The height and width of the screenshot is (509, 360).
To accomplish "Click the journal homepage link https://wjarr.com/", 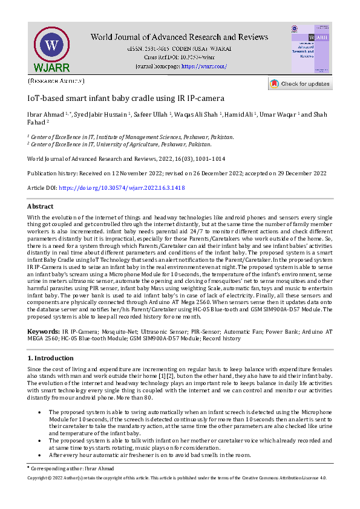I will click(x=204, y=66).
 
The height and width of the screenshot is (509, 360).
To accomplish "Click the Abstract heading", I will click(x=41, y=206).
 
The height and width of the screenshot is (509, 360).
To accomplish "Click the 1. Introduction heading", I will click(x=51, y=358).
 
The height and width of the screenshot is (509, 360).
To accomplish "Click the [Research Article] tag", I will click(x=56, y=80).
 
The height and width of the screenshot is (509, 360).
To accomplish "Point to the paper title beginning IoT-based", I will click(x=126, y=98).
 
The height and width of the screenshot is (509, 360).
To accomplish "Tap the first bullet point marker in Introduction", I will click(x=39, y=412).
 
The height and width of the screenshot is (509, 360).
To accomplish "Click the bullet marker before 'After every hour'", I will click(x=39, y=455).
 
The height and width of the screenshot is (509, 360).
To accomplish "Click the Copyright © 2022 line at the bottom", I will click(x=177, y=478).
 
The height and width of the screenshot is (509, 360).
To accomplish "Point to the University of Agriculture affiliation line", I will click(x=120, y=144).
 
